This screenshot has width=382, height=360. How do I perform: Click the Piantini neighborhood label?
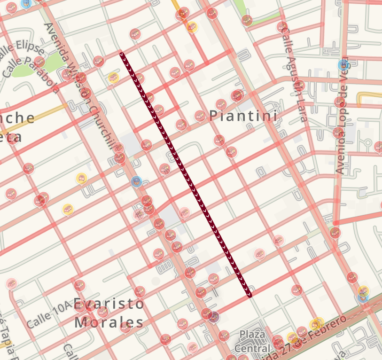point(243,116)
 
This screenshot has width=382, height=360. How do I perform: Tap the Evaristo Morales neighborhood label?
point(109,313)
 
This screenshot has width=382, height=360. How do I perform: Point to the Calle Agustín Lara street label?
point(295,73)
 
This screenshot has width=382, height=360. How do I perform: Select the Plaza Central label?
point(256,341)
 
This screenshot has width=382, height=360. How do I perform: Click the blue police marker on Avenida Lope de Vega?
point(343,64)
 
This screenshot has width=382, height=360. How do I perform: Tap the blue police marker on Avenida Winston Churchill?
point(136,181)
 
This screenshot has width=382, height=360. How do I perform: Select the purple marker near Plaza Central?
point(214,316)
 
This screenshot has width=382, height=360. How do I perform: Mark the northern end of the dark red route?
point(122,55)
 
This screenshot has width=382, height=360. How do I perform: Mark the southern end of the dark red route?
point(249,295)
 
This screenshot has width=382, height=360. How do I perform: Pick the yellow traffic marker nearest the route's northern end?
point(113,78)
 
